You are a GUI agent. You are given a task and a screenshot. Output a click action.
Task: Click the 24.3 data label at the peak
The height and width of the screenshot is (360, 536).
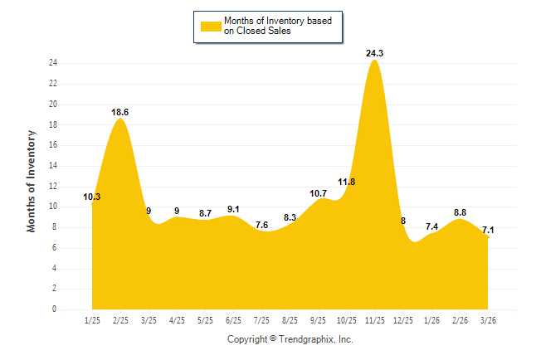375,53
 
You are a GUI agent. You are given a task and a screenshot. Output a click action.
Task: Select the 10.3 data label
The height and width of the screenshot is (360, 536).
92,197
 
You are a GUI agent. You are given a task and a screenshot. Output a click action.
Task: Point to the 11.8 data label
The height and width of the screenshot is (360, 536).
347,182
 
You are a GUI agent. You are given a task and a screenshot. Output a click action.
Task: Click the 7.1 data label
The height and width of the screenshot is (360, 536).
488,230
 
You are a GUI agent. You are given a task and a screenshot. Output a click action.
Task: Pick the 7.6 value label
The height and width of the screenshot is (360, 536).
261,225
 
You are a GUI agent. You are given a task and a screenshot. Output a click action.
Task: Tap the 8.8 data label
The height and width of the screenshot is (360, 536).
460,212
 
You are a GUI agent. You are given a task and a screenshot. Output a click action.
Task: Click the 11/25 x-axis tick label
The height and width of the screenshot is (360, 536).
375,320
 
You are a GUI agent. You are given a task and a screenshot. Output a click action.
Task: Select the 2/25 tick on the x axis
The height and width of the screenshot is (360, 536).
121,320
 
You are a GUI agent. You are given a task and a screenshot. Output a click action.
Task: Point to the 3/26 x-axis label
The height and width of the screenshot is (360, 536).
488,320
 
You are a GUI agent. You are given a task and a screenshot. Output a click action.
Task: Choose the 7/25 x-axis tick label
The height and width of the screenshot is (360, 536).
261,320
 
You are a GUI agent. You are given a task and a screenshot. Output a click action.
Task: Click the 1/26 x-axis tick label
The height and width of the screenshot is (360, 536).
431,320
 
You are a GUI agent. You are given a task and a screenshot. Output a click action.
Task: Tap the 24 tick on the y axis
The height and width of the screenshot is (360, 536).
52,63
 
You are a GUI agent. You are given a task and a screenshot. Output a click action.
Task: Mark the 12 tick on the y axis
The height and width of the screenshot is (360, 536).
52,187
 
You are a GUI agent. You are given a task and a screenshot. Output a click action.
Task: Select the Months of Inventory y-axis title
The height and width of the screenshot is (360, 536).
32,180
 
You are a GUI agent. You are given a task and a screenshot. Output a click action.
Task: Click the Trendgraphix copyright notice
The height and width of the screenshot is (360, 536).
290,339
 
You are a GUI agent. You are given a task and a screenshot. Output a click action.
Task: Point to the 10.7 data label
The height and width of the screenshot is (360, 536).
319,193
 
